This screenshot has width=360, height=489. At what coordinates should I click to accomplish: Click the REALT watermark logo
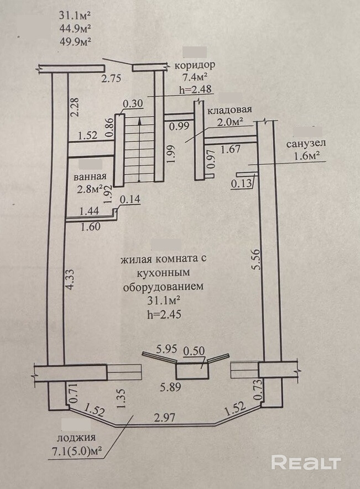[306, 462]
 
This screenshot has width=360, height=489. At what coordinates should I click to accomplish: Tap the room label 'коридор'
[195, 65]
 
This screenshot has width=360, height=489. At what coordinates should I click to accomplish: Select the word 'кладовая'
[229, 110]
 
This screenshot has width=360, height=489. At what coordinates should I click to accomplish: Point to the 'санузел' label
[306, 144]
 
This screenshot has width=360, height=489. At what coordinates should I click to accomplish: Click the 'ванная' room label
[90, 176]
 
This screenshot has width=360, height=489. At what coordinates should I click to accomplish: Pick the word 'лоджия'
[76, 438]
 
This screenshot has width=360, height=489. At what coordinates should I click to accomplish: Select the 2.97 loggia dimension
[165, 417]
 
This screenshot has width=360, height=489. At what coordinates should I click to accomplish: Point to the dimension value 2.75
[111, 78]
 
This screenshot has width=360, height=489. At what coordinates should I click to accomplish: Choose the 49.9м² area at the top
[75, 41]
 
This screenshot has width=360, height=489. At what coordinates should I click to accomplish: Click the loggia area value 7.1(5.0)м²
[76, 451]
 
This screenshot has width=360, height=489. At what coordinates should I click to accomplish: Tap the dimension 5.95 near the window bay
[167, 349]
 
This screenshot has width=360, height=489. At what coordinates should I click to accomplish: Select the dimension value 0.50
[194, 351]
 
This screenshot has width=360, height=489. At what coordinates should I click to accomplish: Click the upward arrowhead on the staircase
[139, 120]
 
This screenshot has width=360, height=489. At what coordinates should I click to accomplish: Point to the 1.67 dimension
[231, 149]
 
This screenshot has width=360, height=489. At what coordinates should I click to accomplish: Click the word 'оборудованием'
[163, 287]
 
